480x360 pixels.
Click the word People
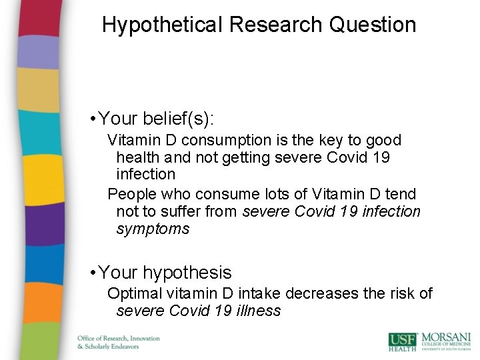[133, 194]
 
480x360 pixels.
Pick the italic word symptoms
[153, 229]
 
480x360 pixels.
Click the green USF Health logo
[403, 341]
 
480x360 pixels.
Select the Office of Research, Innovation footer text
[119, 338]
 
